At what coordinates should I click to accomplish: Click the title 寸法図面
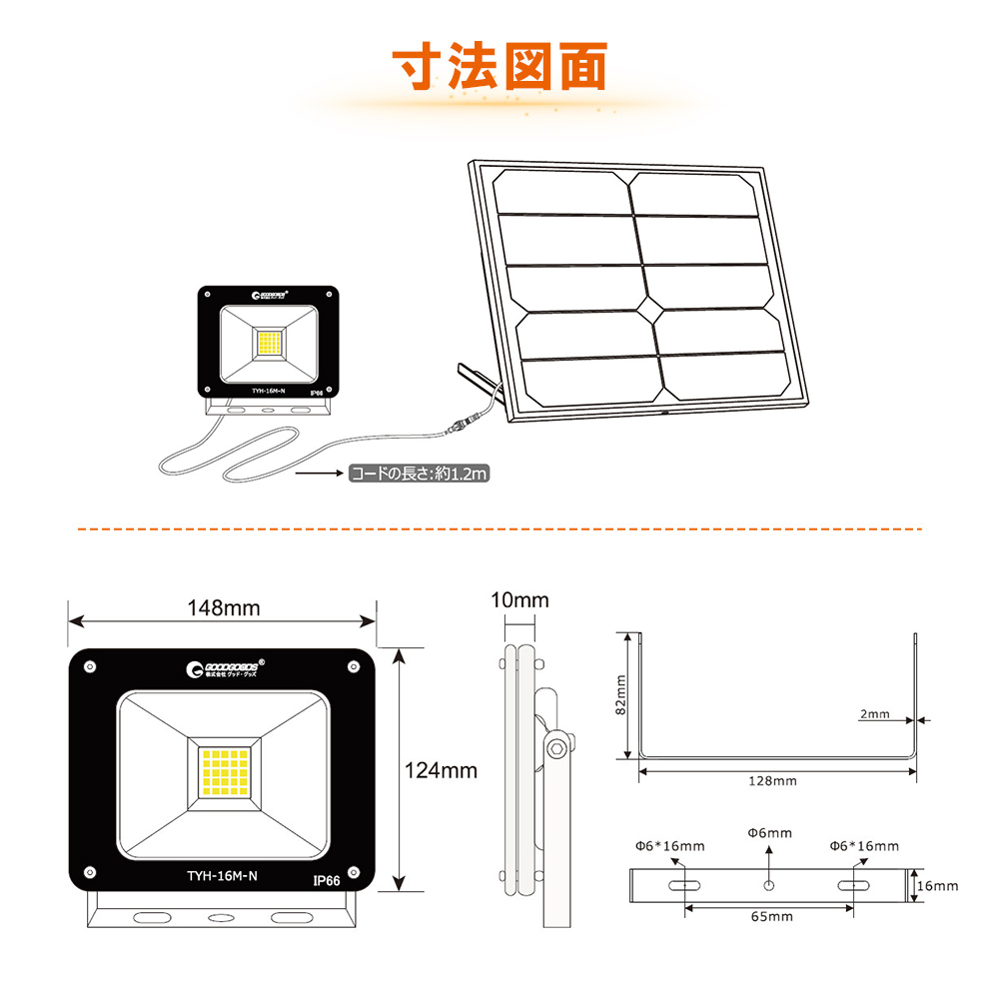point(499,67)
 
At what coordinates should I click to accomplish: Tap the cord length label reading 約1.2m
point(418,474)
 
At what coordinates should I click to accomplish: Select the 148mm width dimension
point(223,606)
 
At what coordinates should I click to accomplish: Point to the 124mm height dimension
point(441,770)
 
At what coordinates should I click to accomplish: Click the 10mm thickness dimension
point(519,600)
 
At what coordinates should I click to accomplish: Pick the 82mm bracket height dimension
point(620,694)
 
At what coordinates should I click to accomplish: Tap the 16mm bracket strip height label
point(938,885)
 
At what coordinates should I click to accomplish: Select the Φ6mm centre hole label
point(769,832)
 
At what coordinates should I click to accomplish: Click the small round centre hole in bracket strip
point(768,885)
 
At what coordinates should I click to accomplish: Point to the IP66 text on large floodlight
point(326,881)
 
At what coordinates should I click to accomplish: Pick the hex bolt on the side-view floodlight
point(555,746)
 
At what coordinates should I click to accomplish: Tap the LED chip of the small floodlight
point(269,343)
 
